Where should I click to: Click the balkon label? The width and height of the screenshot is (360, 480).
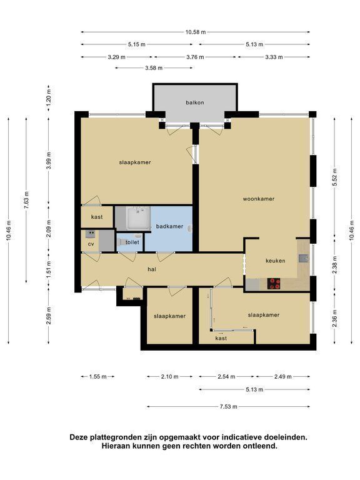pyautogui.click(x=195, y=102)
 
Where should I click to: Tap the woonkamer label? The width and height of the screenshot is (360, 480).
pyautogui.click(x=259, y=199)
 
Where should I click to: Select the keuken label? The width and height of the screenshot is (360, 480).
pyautogui.click(x=275, y=261)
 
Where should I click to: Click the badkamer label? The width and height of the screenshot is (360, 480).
pyautogui.click(x=169, y=226)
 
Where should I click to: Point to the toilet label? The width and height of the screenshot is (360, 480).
pyautogui.click(x=132, y=242)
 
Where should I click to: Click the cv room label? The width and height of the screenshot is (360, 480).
pyautogui.click(x=91, y=244)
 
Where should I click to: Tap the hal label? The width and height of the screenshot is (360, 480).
pyautogui.click(x=152, y=269)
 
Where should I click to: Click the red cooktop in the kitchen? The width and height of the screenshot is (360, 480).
pyautogui.click(x=274, y=284)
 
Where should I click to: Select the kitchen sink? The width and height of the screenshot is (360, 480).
pyautogui.click(x=303, y=259)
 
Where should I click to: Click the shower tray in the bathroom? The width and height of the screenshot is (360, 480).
pyautogui.click(x=139, y=218)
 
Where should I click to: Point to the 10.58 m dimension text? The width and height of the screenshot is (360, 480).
pyautogui.click(x=195, y=32)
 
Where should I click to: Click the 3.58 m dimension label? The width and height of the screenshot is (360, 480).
pyautogui.click(x=154, y=68)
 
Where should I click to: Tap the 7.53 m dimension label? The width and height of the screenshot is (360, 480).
pyautogui.click(x=228, y=407)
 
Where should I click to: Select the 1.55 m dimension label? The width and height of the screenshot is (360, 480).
pyautogui.click(x=98, y=377)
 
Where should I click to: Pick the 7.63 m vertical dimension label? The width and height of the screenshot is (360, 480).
pyautogui.click(x=26, y=200)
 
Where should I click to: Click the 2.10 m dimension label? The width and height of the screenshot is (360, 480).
pyautogui.click(x=169, y=377)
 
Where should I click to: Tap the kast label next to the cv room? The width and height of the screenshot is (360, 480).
pyautogui.click(x=97, y=217)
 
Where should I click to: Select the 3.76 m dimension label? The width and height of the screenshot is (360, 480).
pyautogui.click(x=195, y=57)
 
